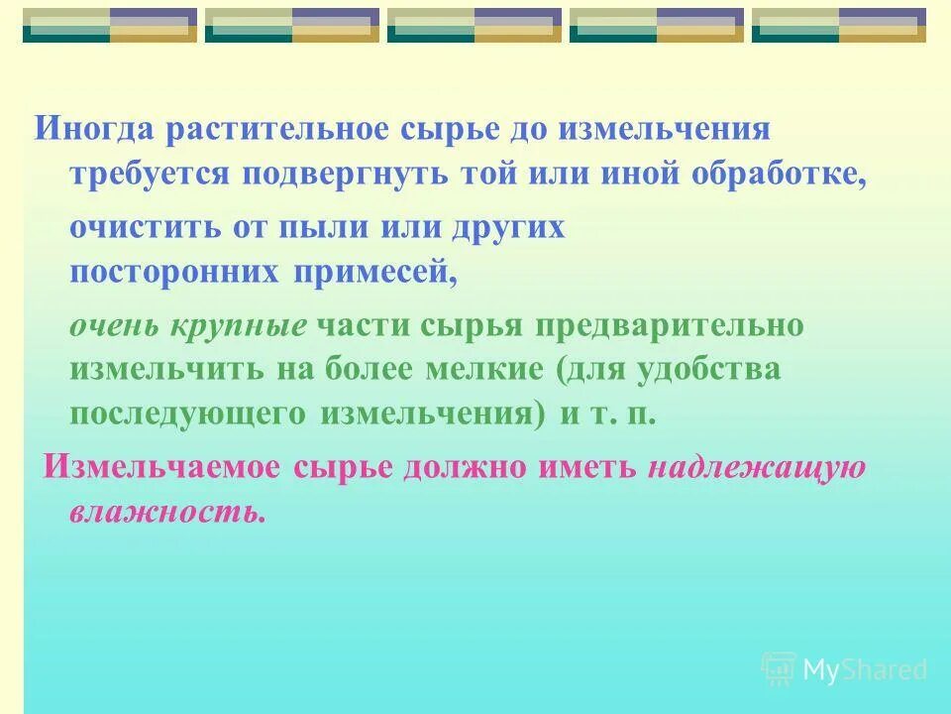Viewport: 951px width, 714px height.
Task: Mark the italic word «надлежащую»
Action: pyautogui.click(x=758, y=470)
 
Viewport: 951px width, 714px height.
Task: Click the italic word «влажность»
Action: pyautogui.click(x=167, y=514)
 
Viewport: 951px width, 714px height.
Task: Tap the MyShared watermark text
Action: pyautogui.click(x=865, y=670)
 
